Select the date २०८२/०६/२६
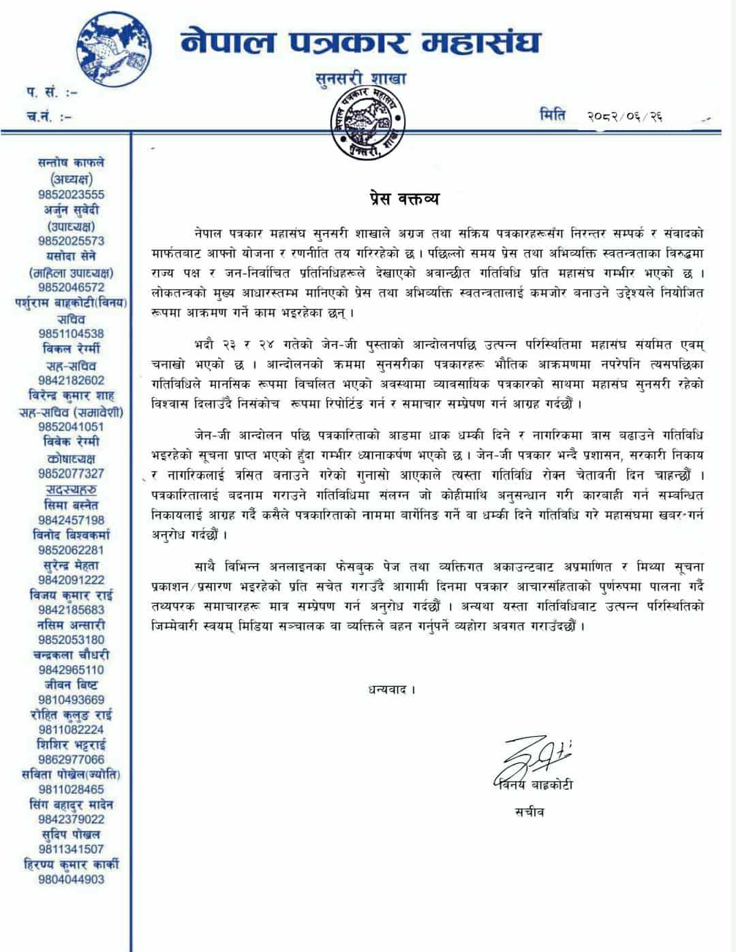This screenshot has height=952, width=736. (624, 117)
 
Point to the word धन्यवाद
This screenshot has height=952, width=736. (389, 689)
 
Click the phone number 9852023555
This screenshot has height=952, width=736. (72, 194)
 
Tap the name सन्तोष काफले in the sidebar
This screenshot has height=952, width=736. (72, 163)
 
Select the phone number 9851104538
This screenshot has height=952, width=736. (72, 333)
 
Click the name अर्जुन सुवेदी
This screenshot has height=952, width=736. (72, 210)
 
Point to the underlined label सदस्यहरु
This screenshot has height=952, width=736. (72, 489)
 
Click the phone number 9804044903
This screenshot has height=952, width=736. (72, 879)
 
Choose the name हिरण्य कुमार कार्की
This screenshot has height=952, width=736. (72, 864)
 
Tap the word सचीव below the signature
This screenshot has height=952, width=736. (530, 812)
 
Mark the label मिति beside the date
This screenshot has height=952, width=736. (551, 114)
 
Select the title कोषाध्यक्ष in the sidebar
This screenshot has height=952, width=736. (72, 458)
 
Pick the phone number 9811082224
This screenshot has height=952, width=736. (72, 729)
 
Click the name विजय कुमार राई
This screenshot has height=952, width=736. (72, 594)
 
